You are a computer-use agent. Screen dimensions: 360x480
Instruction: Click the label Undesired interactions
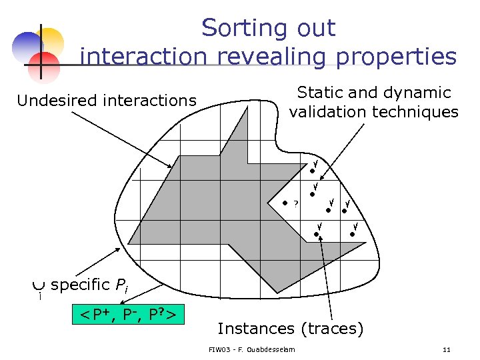point(107,101)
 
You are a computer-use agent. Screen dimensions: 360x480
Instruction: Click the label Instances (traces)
point(291,328)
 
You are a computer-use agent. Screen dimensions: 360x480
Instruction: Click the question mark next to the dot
point(296,203)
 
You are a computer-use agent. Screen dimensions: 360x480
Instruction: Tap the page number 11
point(447,349)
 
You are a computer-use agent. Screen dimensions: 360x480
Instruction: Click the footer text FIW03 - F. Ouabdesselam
point(253,349)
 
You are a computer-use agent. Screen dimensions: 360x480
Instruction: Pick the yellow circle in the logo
point(51,40)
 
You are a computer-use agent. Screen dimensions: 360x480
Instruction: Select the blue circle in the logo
point(27,46)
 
